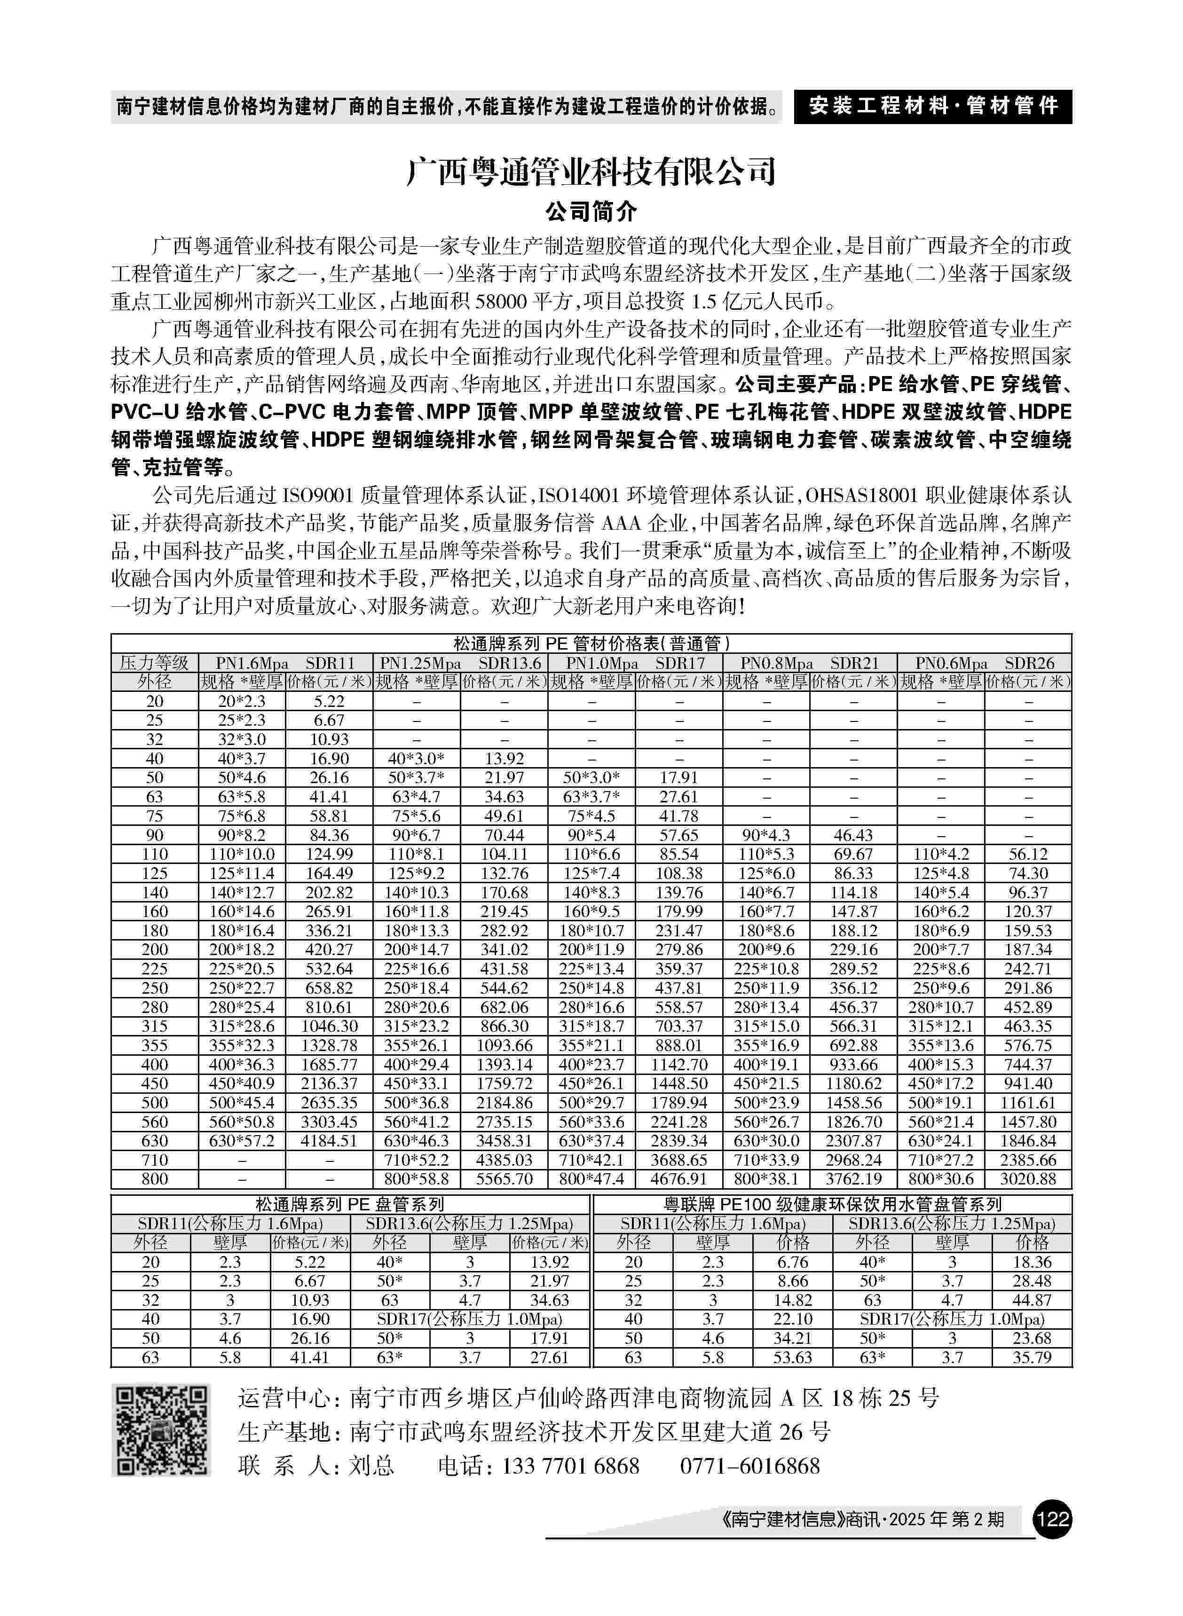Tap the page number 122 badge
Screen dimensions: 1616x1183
[1052, 1519]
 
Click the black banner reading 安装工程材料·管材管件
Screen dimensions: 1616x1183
[932, 107]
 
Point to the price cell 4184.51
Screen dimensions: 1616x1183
[329, 1141]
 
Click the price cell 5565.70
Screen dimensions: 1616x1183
[504, 1179]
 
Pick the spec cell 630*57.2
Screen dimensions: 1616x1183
[241, 1141]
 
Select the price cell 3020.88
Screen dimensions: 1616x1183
[1028, 1179]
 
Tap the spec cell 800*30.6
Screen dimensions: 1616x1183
[940, 1179]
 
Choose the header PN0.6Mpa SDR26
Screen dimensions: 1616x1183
[984, 663]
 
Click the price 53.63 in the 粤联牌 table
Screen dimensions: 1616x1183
[793, 1357]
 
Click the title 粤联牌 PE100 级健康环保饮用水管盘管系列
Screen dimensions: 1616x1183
[832, 1205]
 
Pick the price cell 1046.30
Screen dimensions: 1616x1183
[329, 1026]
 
